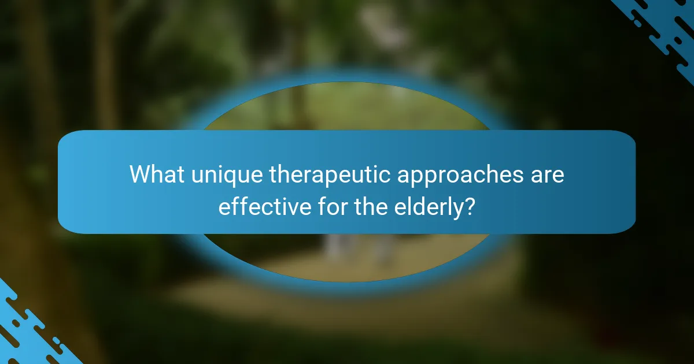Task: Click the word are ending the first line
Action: pos(547,175)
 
